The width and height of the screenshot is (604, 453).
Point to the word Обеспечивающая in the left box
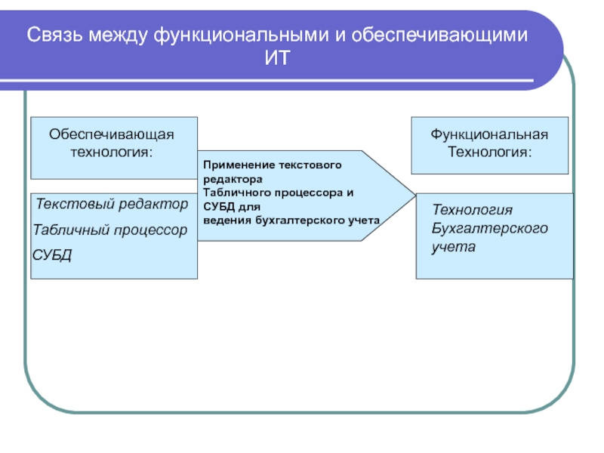point(112,134)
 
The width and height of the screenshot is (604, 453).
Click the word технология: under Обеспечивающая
point(112,152)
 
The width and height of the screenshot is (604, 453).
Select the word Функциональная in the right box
point(489,134)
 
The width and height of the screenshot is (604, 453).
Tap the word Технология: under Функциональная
point(489,152)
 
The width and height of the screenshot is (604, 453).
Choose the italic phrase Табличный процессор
point(110,229)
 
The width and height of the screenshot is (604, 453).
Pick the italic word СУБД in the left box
point(52,254)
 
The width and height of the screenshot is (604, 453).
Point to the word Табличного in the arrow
point(235,193)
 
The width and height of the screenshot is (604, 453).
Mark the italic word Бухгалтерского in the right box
point(490,229)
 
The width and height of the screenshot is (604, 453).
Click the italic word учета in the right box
point(454,247)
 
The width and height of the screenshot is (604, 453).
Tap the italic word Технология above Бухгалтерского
point(472,210)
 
